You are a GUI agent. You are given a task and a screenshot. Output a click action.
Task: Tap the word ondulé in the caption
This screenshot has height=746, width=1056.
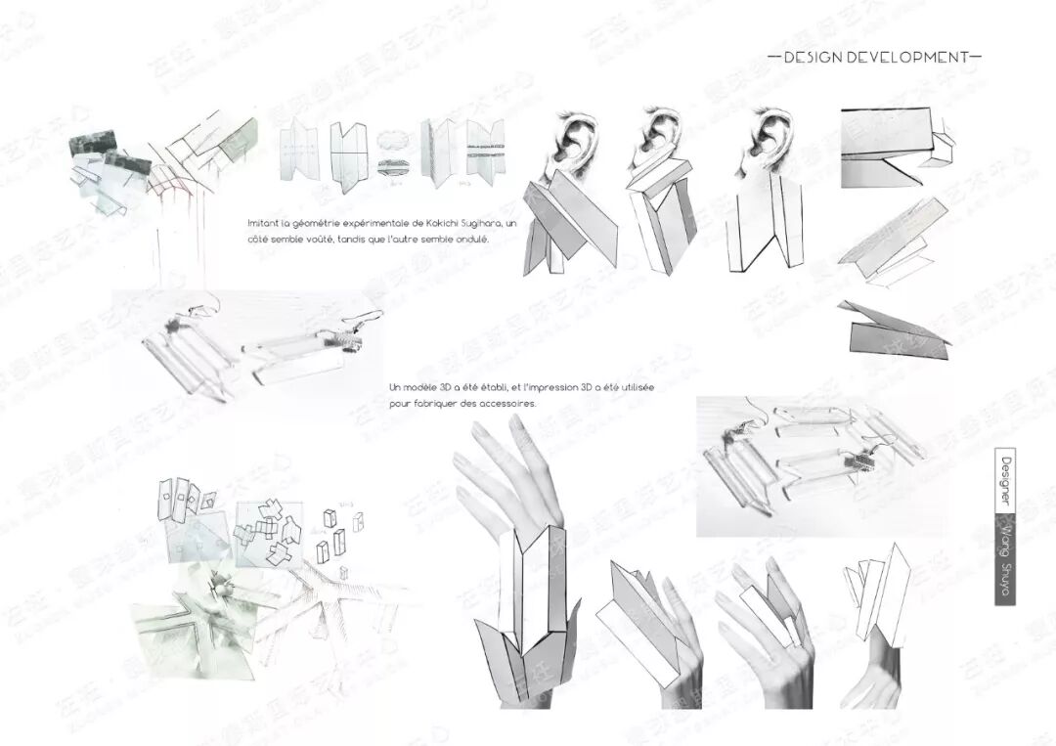pos(470,239)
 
